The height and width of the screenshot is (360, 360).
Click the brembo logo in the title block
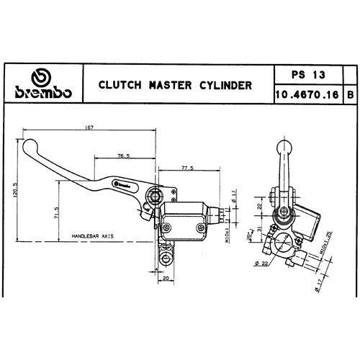click(41, 85)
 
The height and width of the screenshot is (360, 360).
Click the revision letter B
click(349, 94)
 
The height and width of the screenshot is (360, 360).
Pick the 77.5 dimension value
click(188, 168)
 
